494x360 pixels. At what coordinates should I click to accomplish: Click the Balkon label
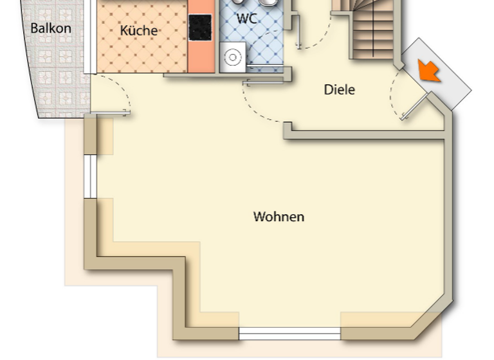[51, 28]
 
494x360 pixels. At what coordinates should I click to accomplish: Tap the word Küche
[138, 30]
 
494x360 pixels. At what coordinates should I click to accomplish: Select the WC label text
[246, 19]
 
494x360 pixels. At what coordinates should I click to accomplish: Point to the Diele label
[339, 90]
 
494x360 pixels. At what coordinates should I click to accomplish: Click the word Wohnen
[279, 217]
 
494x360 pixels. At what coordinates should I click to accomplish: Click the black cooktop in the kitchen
[201, 26]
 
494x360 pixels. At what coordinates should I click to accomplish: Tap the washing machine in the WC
[232, 58]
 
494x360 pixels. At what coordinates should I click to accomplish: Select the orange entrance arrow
[429, 70]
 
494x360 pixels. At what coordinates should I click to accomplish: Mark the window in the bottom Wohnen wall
[289, 334]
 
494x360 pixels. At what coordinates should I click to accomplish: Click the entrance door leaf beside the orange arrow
[416, 106]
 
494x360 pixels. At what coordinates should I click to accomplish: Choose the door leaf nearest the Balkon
[110, 113]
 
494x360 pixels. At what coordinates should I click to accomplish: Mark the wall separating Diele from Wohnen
[367, 134]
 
